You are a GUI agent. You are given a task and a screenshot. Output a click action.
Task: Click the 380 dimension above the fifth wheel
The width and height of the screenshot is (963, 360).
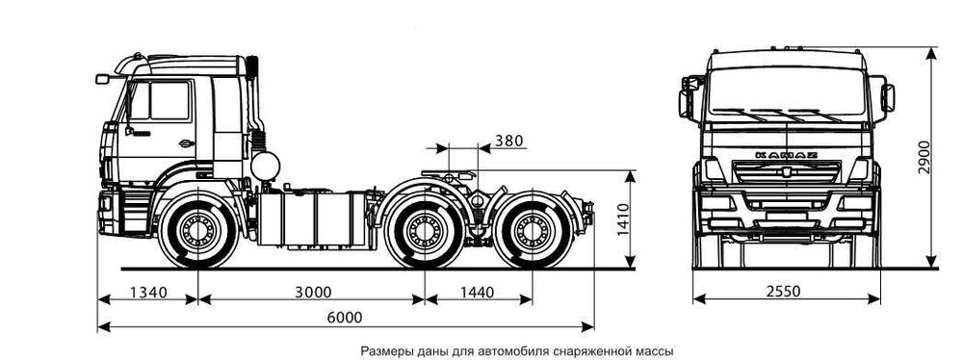point(508,141)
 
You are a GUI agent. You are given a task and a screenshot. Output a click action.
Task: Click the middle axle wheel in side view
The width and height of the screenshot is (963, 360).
point(422,231)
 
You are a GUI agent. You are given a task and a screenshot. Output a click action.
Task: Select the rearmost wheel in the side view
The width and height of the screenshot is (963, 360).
point(530,231)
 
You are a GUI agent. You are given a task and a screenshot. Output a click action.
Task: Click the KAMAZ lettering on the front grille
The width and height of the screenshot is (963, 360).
point(787,154)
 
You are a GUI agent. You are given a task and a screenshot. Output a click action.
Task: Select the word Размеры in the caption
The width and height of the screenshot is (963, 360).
point(384,351)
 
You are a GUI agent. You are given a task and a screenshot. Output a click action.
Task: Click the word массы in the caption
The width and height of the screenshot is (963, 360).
point(651,351)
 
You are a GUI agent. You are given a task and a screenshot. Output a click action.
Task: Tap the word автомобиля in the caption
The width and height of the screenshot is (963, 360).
point(521,351)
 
